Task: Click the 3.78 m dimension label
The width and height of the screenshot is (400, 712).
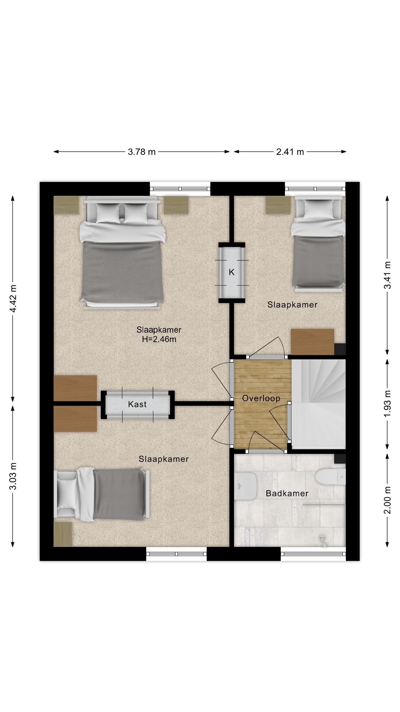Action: click(142, 152)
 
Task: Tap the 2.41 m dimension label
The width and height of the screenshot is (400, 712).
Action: click(290, 152)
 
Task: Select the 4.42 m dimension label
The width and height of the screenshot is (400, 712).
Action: click(13, 298)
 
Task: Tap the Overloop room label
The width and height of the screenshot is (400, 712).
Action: click(261, 398)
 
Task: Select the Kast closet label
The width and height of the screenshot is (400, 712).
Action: click(137, 404)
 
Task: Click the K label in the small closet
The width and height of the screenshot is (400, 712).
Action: click(232, 272)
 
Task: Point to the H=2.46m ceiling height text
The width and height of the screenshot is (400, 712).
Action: click(159, 339)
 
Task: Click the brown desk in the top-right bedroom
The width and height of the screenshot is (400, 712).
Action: click(312, 342)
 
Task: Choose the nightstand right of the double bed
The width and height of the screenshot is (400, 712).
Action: click(176, 205)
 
